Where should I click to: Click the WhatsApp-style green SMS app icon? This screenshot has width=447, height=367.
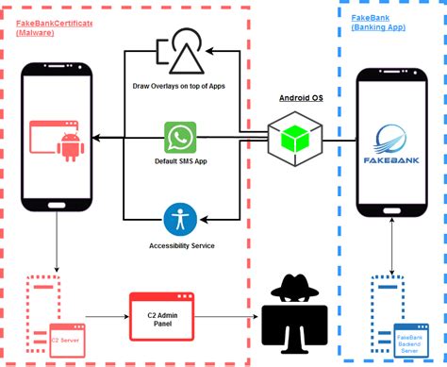click(x=179, y=139)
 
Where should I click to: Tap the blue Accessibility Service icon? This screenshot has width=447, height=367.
click(x=179, y=219)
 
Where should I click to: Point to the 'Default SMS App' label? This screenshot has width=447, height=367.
click(x=179, y=161)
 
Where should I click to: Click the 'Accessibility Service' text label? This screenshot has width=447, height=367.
click(x=181, y=245)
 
